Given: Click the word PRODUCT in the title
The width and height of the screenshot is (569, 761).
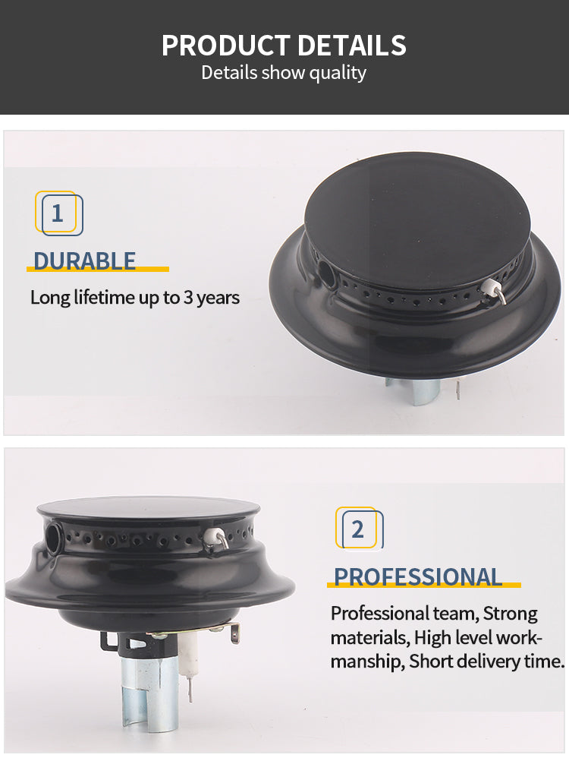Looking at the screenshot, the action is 225,46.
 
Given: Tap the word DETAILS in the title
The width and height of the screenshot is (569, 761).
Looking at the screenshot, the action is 352,46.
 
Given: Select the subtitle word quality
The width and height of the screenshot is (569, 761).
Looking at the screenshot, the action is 338,73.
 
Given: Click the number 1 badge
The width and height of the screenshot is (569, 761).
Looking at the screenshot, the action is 58,213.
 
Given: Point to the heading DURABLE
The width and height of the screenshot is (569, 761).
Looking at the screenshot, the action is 84,261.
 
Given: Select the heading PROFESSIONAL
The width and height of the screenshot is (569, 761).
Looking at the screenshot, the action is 418,577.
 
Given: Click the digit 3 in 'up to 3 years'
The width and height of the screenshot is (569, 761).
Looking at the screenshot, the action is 189,298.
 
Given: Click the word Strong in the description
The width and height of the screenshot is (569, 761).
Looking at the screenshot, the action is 511,614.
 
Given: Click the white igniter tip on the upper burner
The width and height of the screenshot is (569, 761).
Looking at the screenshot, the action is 492,287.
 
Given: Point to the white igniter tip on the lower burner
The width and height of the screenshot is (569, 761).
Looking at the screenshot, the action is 212,536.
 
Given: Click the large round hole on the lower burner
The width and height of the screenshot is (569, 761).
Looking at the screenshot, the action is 53,536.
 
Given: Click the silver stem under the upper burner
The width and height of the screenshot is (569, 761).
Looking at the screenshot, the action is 423,392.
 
